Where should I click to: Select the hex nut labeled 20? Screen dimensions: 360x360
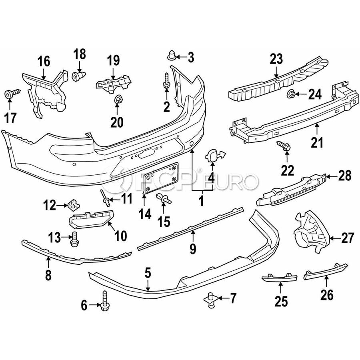point(118,99)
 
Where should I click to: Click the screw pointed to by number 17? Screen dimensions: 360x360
point(12,94)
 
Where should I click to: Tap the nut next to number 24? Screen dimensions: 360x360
point(291,94)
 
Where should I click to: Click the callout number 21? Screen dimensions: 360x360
point(317,142)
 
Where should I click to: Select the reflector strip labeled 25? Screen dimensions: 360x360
point(280,278)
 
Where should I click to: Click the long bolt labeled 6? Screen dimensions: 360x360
point(104,301)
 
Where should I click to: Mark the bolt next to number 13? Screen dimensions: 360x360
point(74,239)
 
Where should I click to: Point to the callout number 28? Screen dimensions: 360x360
point(344,176)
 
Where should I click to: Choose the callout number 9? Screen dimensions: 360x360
point(193,248)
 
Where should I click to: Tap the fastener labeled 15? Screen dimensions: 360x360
point(164,198)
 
